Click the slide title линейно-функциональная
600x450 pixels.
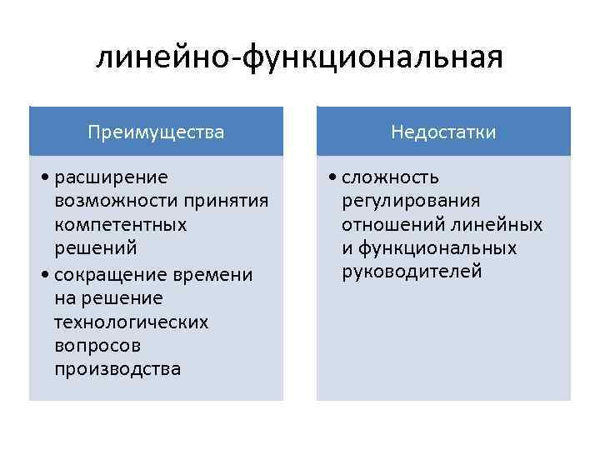tap(299, 57)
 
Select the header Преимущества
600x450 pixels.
tap(157, 132)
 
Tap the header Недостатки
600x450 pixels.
tap(444, 132)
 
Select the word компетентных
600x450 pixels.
tap(120, 225)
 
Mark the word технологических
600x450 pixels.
tap(131, 322)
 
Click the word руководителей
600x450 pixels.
tap(412, 272)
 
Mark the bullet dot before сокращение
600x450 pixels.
tap(44, 275)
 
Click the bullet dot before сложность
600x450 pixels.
tap(332, 178)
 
